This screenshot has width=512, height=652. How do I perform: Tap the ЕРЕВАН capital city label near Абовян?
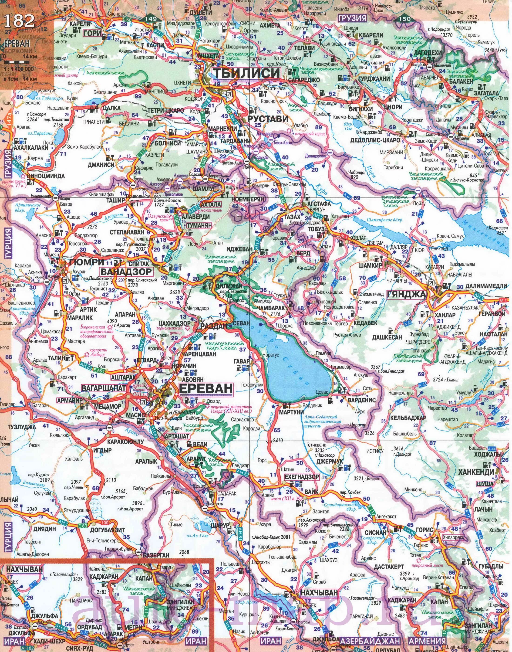coord(206,388)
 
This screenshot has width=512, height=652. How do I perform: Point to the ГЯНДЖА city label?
coord(407,295)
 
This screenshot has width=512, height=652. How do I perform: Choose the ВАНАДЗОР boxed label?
coord(126,272)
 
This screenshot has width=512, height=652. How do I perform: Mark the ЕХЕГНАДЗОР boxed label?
coord(302,477)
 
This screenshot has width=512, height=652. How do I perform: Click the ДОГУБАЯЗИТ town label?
coord(107,530)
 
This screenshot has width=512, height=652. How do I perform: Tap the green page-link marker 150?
coord(405,19)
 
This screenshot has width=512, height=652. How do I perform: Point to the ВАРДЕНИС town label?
coord(362,400)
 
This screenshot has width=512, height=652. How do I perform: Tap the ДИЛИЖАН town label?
coord(229,286)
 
